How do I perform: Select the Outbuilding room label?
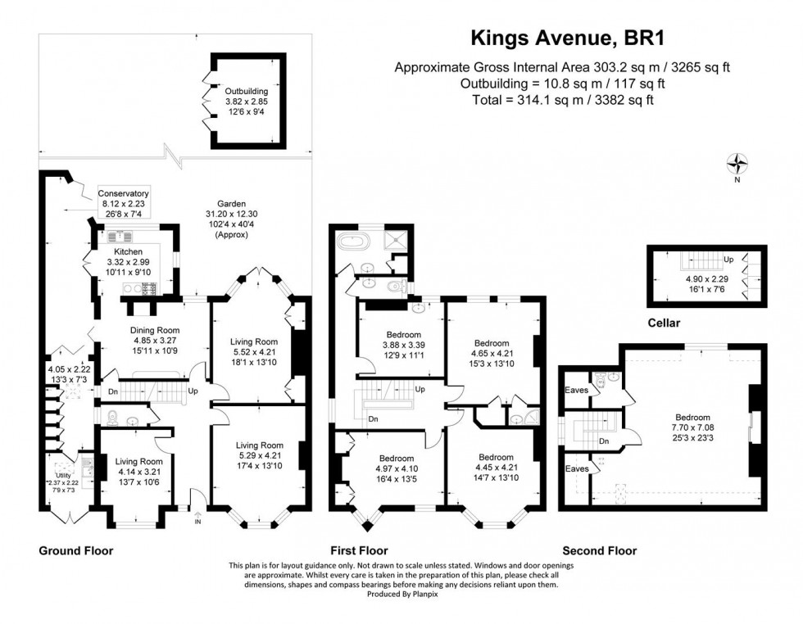coord(247,91)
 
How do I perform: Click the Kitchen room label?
coord(129,251)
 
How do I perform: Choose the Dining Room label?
coord(154,330)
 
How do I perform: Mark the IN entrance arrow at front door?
coord(197,520)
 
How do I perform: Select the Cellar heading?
coord(664,323)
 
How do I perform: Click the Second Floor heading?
coord(599,551)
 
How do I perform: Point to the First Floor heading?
coord(360,551)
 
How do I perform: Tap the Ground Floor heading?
coord(76,551)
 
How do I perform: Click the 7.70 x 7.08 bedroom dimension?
coord(694,427)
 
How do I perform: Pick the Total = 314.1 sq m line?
coord(561,98)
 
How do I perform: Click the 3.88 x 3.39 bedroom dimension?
coord(404,345)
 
